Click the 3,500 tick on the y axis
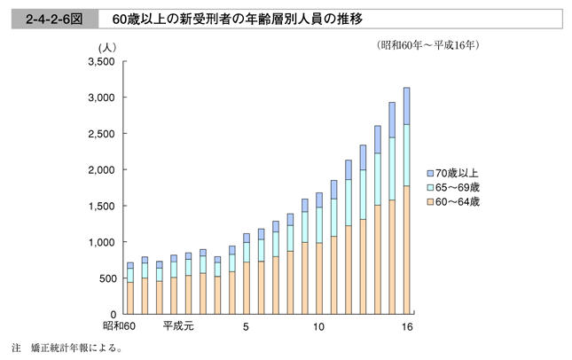coord(102,62)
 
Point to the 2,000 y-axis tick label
coord(102,169)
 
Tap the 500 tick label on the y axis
coord(107,278)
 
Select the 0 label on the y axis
coord(114,315)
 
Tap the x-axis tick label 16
coord(407,326)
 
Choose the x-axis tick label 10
coord(318,326)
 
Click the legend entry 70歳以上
coord(459,172)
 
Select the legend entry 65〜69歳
coord(459,187)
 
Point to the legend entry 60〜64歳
coord(459,202)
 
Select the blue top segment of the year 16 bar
coord(406,106)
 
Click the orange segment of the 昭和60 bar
coord(130,298)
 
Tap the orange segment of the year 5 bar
coord(247,287)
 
